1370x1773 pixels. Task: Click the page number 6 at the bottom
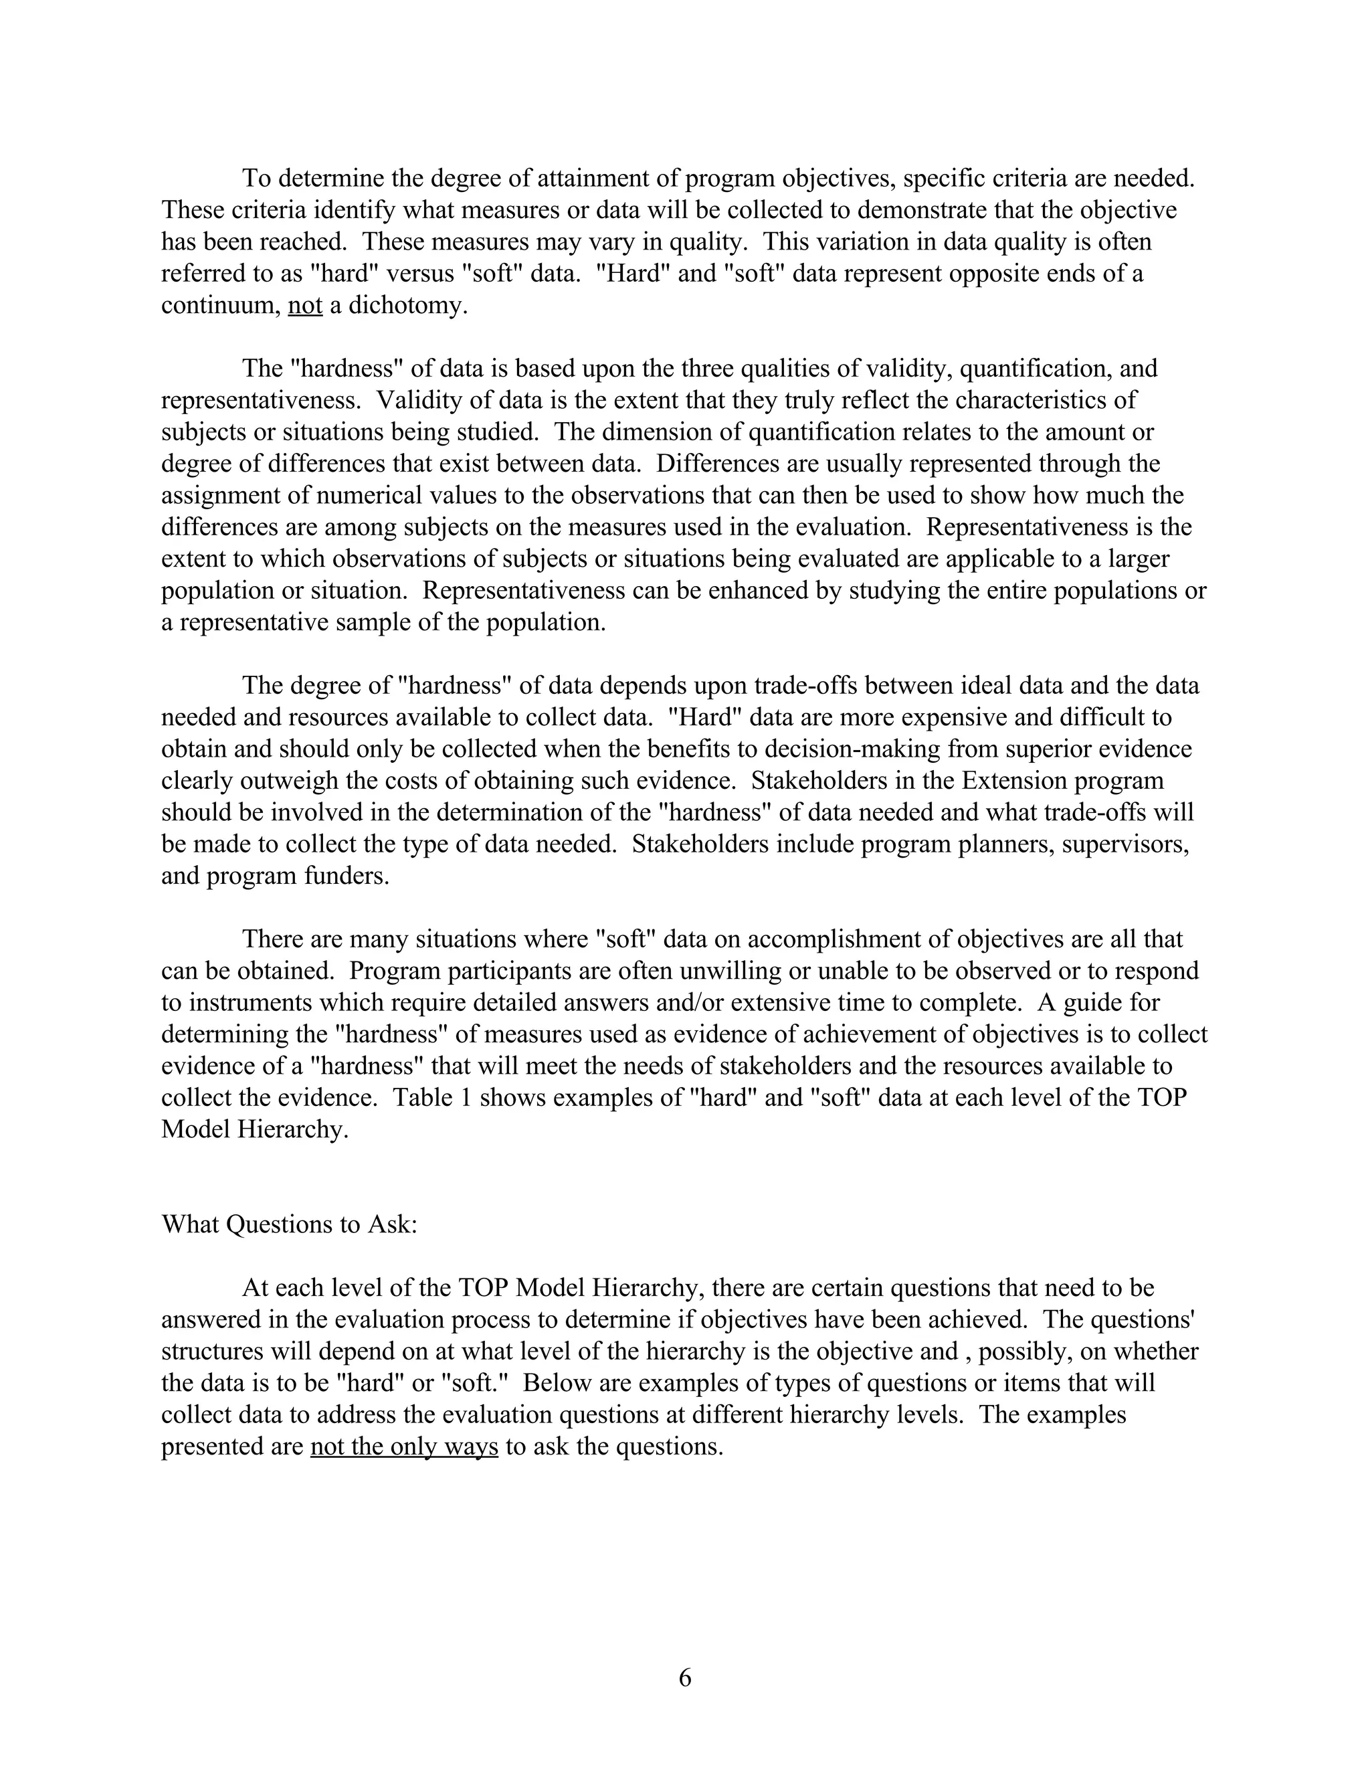(685, 1677)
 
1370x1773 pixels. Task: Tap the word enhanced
(755, 590)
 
